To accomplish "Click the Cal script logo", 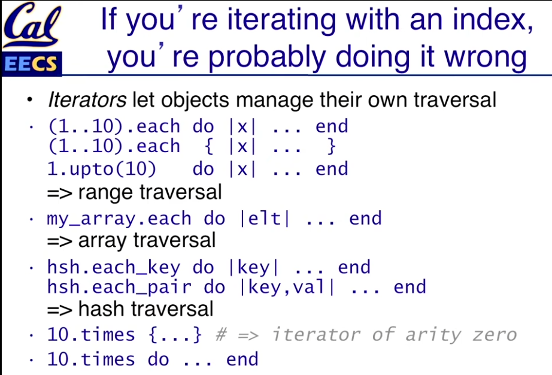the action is point(32,25).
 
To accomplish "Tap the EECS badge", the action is point(32,63).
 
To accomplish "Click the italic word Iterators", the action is point(87,100).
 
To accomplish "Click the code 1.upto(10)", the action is point(102,169).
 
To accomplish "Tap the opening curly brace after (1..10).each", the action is point(209,147).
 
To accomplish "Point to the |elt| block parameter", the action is point(265,219).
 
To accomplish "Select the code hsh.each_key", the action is point(114,268).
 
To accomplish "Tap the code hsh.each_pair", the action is point(119,288).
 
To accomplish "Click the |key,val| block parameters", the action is point(287,288).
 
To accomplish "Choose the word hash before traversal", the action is point(102,309).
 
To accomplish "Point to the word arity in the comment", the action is point(433,335).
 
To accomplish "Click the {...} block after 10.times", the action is point(175,334).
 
